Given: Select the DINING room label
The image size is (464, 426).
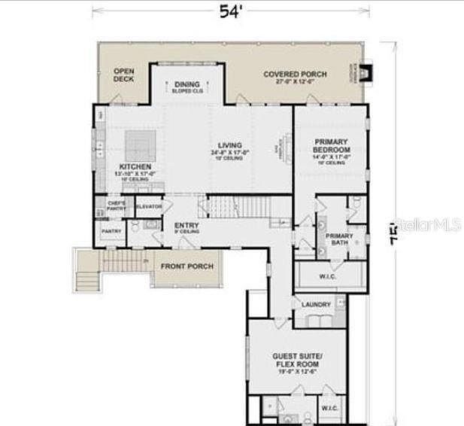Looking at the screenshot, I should (x=186, y=85).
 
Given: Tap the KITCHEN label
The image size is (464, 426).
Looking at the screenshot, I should (x=135, y=166).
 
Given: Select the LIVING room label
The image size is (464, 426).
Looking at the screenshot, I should (x=229, y=145).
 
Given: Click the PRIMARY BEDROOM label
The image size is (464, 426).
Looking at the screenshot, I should (x=332, y=145).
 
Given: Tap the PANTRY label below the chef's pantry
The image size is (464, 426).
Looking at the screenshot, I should (x=111, y=232).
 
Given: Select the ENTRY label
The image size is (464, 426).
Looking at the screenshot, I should (x=186, y=225).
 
